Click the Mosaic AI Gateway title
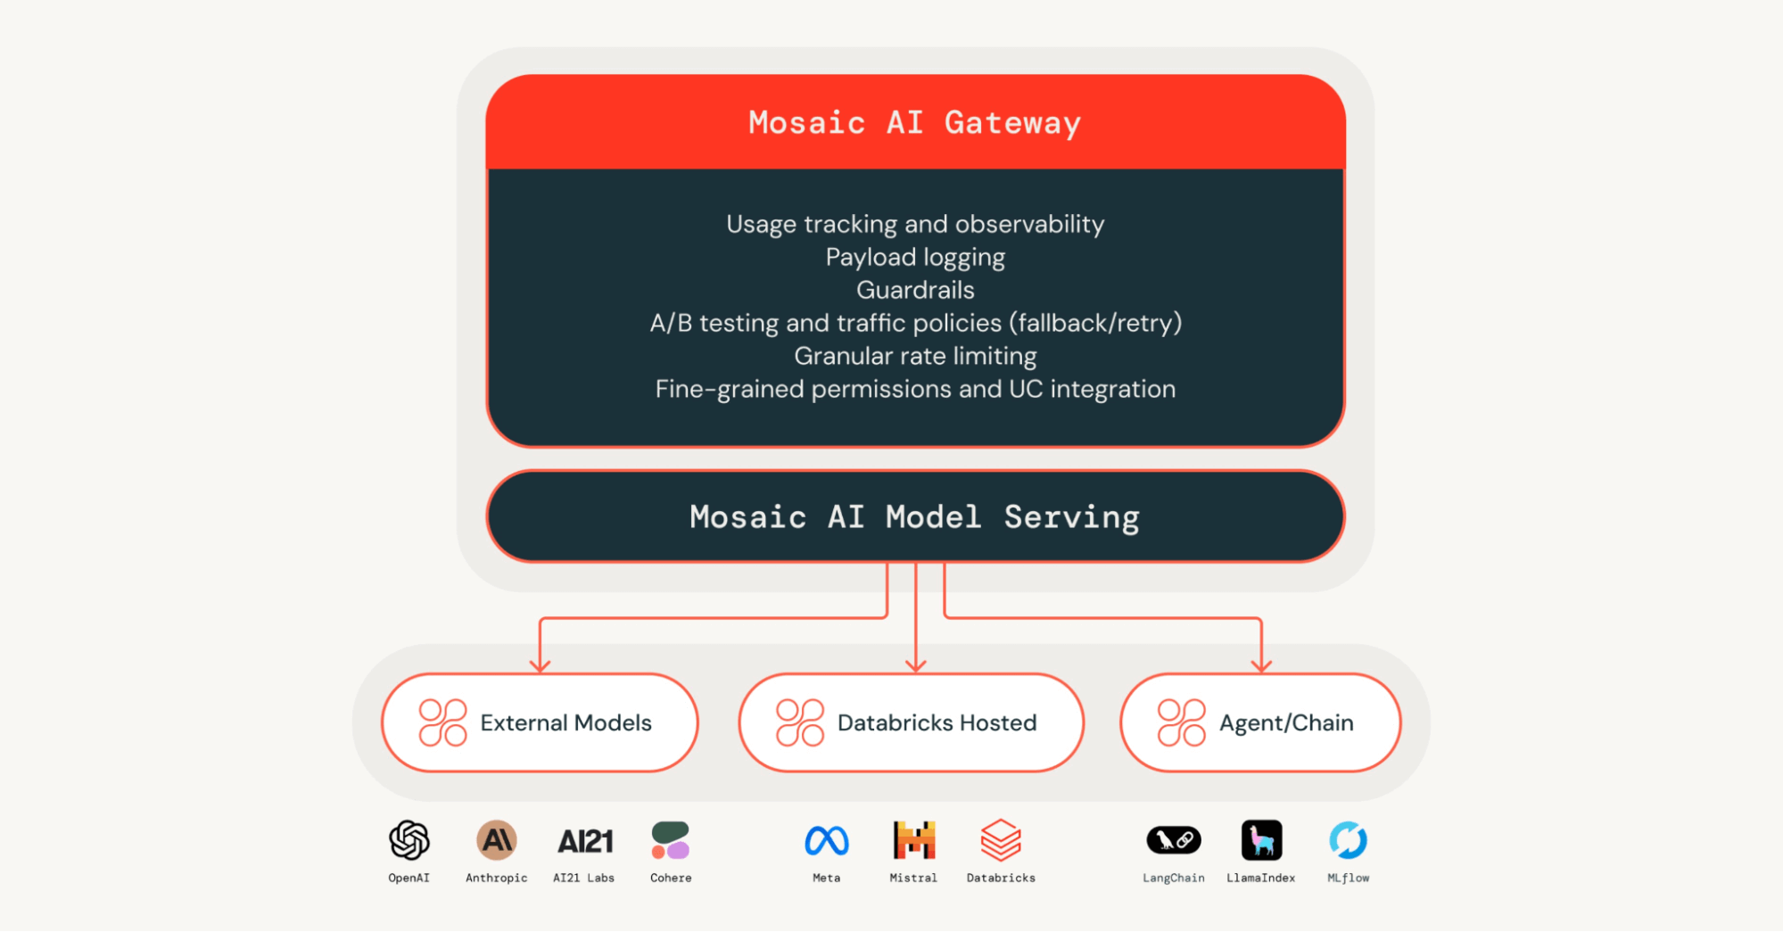click(914, 122)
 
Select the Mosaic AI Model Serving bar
click(915, 516)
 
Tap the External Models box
click(540, 722)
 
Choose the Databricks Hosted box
click(912, 722)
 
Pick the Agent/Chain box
click(1260, 722)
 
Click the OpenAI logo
click(409, 840)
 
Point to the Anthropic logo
click(497, 840)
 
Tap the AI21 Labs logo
click(585, 841)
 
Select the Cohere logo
click(671, 840)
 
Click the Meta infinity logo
click(827, 841)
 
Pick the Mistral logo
click(914, 840)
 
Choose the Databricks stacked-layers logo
click(1001, 840)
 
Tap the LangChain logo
click(1174, 840)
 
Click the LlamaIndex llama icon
click(1261, 840)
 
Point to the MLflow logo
click(1348, 840)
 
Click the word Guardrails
click(915, 290)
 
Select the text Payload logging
click(915, 258)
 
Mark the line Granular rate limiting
click(915, 356)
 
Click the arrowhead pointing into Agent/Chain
click(1261, 666)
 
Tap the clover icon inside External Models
click(443, 722)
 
